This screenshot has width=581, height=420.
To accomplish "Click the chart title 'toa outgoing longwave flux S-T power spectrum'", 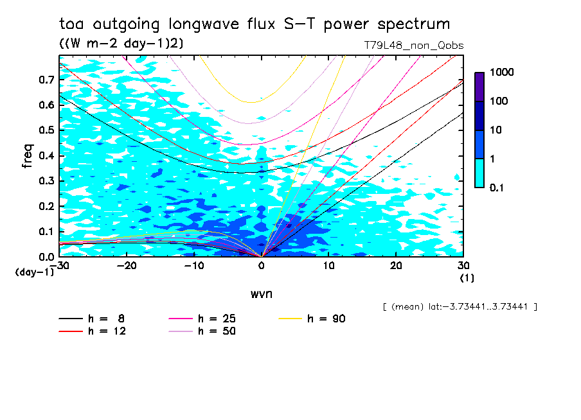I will (255, 24).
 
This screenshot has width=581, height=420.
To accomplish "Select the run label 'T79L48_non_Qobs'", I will (413, 45).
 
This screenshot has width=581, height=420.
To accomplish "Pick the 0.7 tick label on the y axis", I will (46, 80).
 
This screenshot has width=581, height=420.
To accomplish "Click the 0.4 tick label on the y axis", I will (46, 155).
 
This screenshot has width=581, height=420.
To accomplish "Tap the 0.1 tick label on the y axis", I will (46, 231).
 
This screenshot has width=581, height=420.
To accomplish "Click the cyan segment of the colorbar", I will (479, 173).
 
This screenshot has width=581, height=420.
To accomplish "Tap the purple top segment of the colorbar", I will (479, 86).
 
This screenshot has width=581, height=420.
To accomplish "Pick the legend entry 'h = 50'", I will (204, 331).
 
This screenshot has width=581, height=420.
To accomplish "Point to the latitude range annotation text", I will (460, 307).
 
